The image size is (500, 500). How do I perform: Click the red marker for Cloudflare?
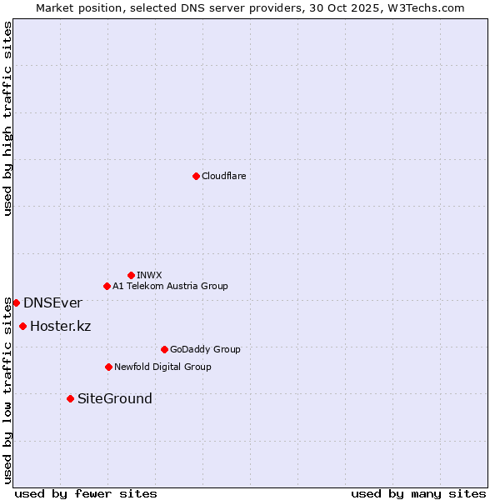click(x=196, y=176)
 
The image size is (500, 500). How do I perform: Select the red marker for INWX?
click(x=131, y=275)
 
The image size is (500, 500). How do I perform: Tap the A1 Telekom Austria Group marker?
click(x=107, y=286)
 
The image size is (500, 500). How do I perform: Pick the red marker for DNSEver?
click(x=16, y=302)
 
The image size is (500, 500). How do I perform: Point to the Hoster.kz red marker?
click(x=22, y=326)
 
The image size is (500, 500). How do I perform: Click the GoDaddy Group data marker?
click(x=164, y=349)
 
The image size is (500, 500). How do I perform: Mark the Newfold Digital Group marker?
click(x=108, y=367)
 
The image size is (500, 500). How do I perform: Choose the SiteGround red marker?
click(x=70, y=398)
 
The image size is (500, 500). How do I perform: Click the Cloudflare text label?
click(x=223, y=176)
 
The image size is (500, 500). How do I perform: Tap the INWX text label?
click(x=149, y=275)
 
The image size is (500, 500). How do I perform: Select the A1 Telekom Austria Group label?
click(x=170, y=286)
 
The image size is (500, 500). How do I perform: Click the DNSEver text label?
click(x=52, y=302)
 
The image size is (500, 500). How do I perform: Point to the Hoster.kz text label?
click(x=60, y=326)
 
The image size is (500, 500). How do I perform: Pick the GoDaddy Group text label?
click(x=205, y=349)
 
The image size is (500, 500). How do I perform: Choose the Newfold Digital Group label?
click(x=162, y=367)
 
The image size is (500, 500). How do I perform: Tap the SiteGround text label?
click(x=115, y=398)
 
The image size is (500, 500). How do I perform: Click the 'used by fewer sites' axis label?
click(x=86, y=493)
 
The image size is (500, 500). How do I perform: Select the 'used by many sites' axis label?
click(x=418, y=493)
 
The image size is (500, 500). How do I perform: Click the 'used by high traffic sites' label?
click(x=7, y=119)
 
